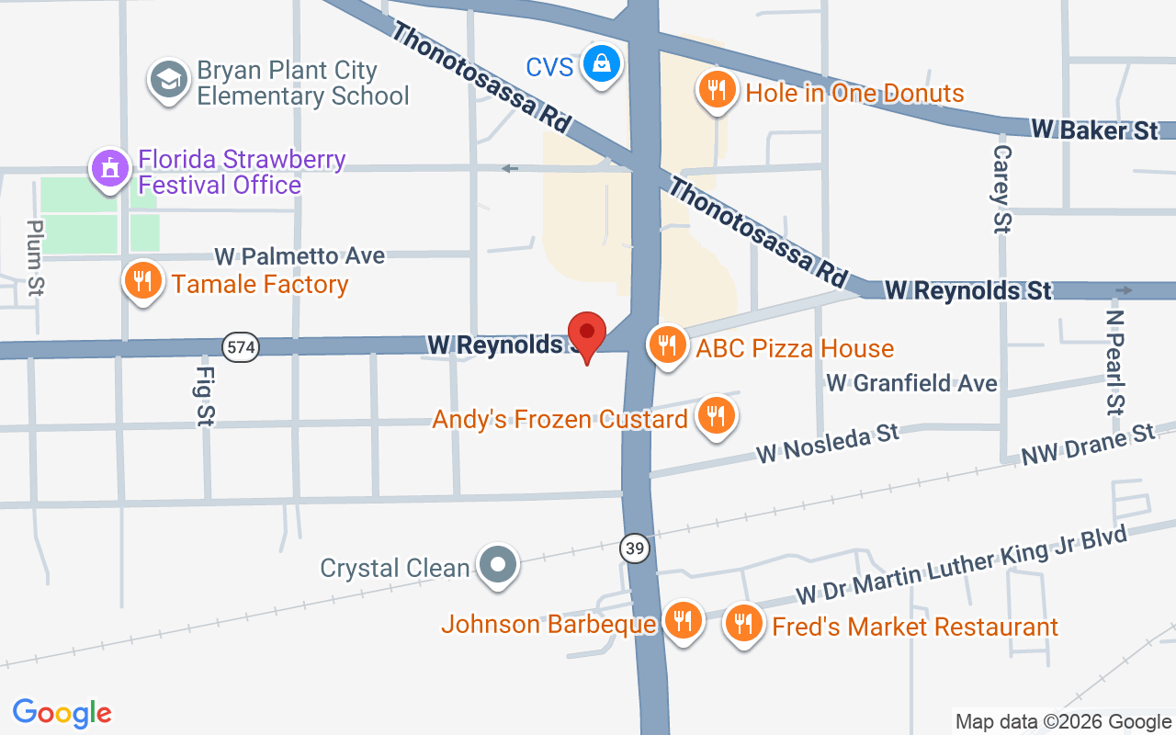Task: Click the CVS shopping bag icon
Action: pyautogui.click(x=601, y=64)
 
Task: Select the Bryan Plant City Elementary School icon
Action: pyautogui.click(x=168, y=80)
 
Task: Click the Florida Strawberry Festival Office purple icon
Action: pyautogui.click(x=110, y=168)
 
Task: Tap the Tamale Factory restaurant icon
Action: pyautogui.click(x=142, y=280)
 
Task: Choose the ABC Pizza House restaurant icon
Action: pyautogui.click(x=667, y=345)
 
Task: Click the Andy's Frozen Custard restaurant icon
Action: pyautogui.click(x=715, y=415)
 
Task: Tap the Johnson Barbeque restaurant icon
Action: pyautogui.click(x=682, y=621)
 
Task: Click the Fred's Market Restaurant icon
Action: pyautogui.click(x=743, y=625)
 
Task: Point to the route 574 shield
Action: pyautogui.click(x=240, y=347)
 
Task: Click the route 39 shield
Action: pyautogui.click(x=634, y=549)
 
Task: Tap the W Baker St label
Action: pyautogui.click(x=1094, y=130)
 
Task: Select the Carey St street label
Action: pyautogui.click(x=1002, y=189)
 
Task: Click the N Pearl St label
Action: pyautogui.click(x=1115, y=361)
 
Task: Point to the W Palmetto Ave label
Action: pyautogui.click(x=300, y=255)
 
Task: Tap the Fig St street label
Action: pyautogui.click(x=205, y=396)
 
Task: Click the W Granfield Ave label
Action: pyautogui.click(x=911, y=382)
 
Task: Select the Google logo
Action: pyautogui.click(x=62, y=713)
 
